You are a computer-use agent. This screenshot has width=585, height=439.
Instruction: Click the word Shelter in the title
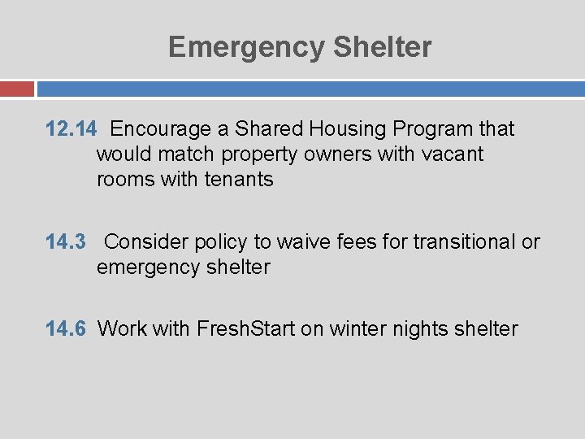pyautogui.click(x=382, y=47)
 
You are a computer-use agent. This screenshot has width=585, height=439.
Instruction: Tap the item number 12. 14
pyautogui.click(x=71, y=128)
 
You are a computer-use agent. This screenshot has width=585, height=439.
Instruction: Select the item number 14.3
pyautogui.click(x=67, y=241)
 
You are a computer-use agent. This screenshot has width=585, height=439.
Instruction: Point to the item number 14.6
pyautogui.click(x=67, y=328)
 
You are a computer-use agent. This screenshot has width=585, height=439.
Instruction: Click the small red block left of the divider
pyautogui.click(x=16, y=88)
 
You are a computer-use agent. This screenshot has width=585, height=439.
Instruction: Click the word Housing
pyautogui.click(x=347, y=128)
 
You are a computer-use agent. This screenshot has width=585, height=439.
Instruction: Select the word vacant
pyautogui.click(x=452, y=154)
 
